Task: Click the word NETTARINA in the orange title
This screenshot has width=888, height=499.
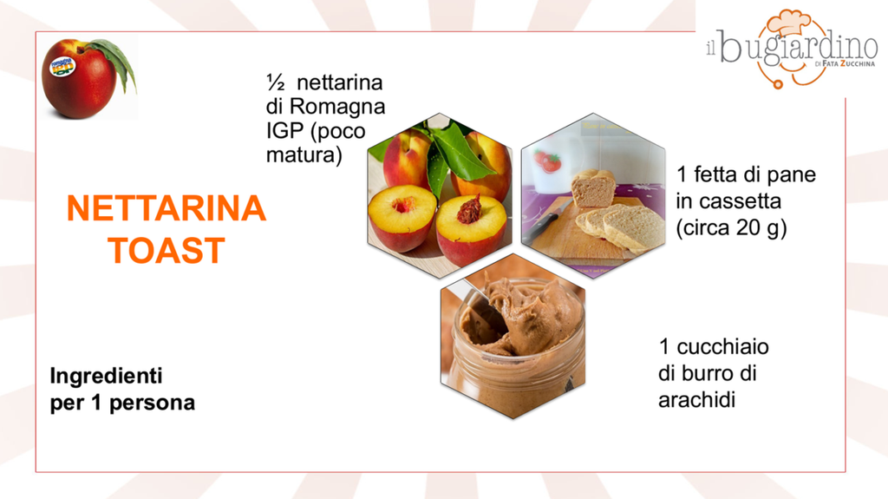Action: pos(166,208)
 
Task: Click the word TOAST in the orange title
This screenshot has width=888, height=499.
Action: pos(166,251)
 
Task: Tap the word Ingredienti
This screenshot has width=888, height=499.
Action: pos(106,376)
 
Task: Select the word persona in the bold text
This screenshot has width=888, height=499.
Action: pos(152,403)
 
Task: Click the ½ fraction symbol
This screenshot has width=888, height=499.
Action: pos(276,82)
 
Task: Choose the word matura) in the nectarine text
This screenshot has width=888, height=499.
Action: pos(304,154)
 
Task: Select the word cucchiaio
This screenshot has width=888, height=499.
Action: pos(722,346)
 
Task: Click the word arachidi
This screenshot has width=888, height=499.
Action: pos(696,400)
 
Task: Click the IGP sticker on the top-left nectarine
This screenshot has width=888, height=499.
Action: pos(62,66)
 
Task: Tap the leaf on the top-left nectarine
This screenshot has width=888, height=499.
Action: pos(117,62)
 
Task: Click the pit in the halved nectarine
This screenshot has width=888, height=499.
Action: pos(469,209)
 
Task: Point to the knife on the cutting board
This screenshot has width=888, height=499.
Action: pos(544,223)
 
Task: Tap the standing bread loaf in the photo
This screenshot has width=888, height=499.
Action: pos(593,188)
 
